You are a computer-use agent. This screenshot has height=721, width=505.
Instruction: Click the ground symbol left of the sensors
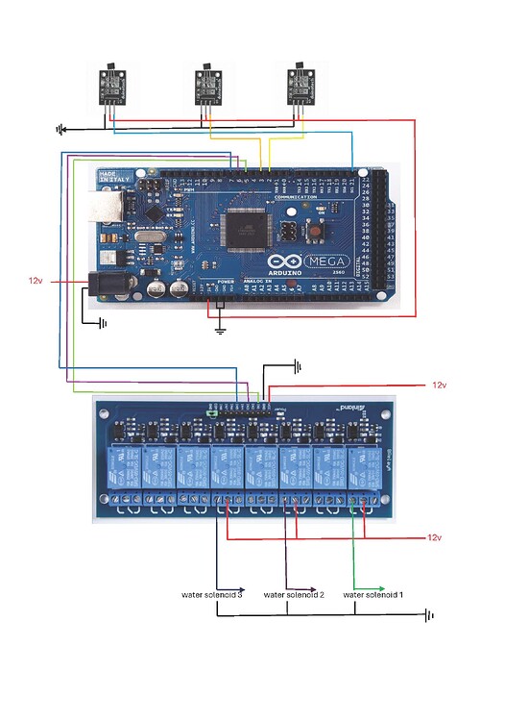61,128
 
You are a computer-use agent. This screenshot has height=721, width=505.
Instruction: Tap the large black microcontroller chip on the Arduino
240,230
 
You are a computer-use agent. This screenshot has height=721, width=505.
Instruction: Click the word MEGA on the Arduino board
325,261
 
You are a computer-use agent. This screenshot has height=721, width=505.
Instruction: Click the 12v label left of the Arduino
36,281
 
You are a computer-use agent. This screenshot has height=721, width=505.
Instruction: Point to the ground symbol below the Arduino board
220,329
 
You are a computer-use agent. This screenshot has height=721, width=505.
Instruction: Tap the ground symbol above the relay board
299,366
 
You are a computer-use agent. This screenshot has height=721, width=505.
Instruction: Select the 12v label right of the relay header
439,385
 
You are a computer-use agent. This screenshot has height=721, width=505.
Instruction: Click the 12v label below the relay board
435,537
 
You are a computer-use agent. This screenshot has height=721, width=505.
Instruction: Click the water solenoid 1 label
373,595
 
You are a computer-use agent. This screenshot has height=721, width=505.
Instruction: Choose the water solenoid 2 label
293,595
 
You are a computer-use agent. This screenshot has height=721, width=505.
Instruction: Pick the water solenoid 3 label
212,595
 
